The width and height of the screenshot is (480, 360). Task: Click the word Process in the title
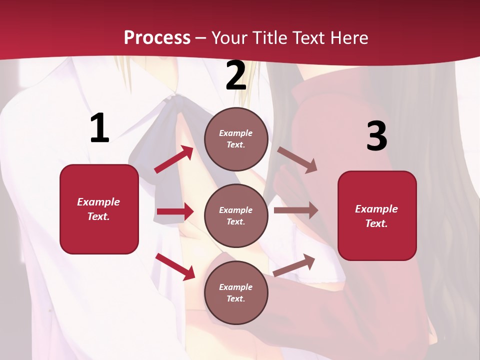coord(157,38)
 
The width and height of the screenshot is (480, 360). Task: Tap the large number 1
coord(99,128)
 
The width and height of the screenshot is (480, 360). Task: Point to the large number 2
coord(236,76)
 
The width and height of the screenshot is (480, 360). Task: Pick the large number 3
coord(376,136)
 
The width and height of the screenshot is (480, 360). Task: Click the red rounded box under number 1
coord(99,209)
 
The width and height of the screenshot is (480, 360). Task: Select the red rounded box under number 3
coord(377,216)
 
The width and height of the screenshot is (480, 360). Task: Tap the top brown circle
coord(236,139)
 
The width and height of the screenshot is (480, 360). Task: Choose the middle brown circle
coord(236,216)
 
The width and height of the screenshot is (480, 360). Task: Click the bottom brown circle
coord(236,293)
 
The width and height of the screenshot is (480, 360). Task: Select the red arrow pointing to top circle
coord(174,159)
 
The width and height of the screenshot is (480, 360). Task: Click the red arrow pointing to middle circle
coord(175,211)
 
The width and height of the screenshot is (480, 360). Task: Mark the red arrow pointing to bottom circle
coord(175,266)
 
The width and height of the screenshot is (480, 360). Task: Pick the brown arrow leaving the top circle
coord(297,160)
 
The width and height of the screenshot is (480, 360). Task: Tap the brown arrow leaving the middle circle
coord(296,210)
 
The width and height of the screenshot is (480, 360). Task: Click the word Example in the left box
coord(98,202)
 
